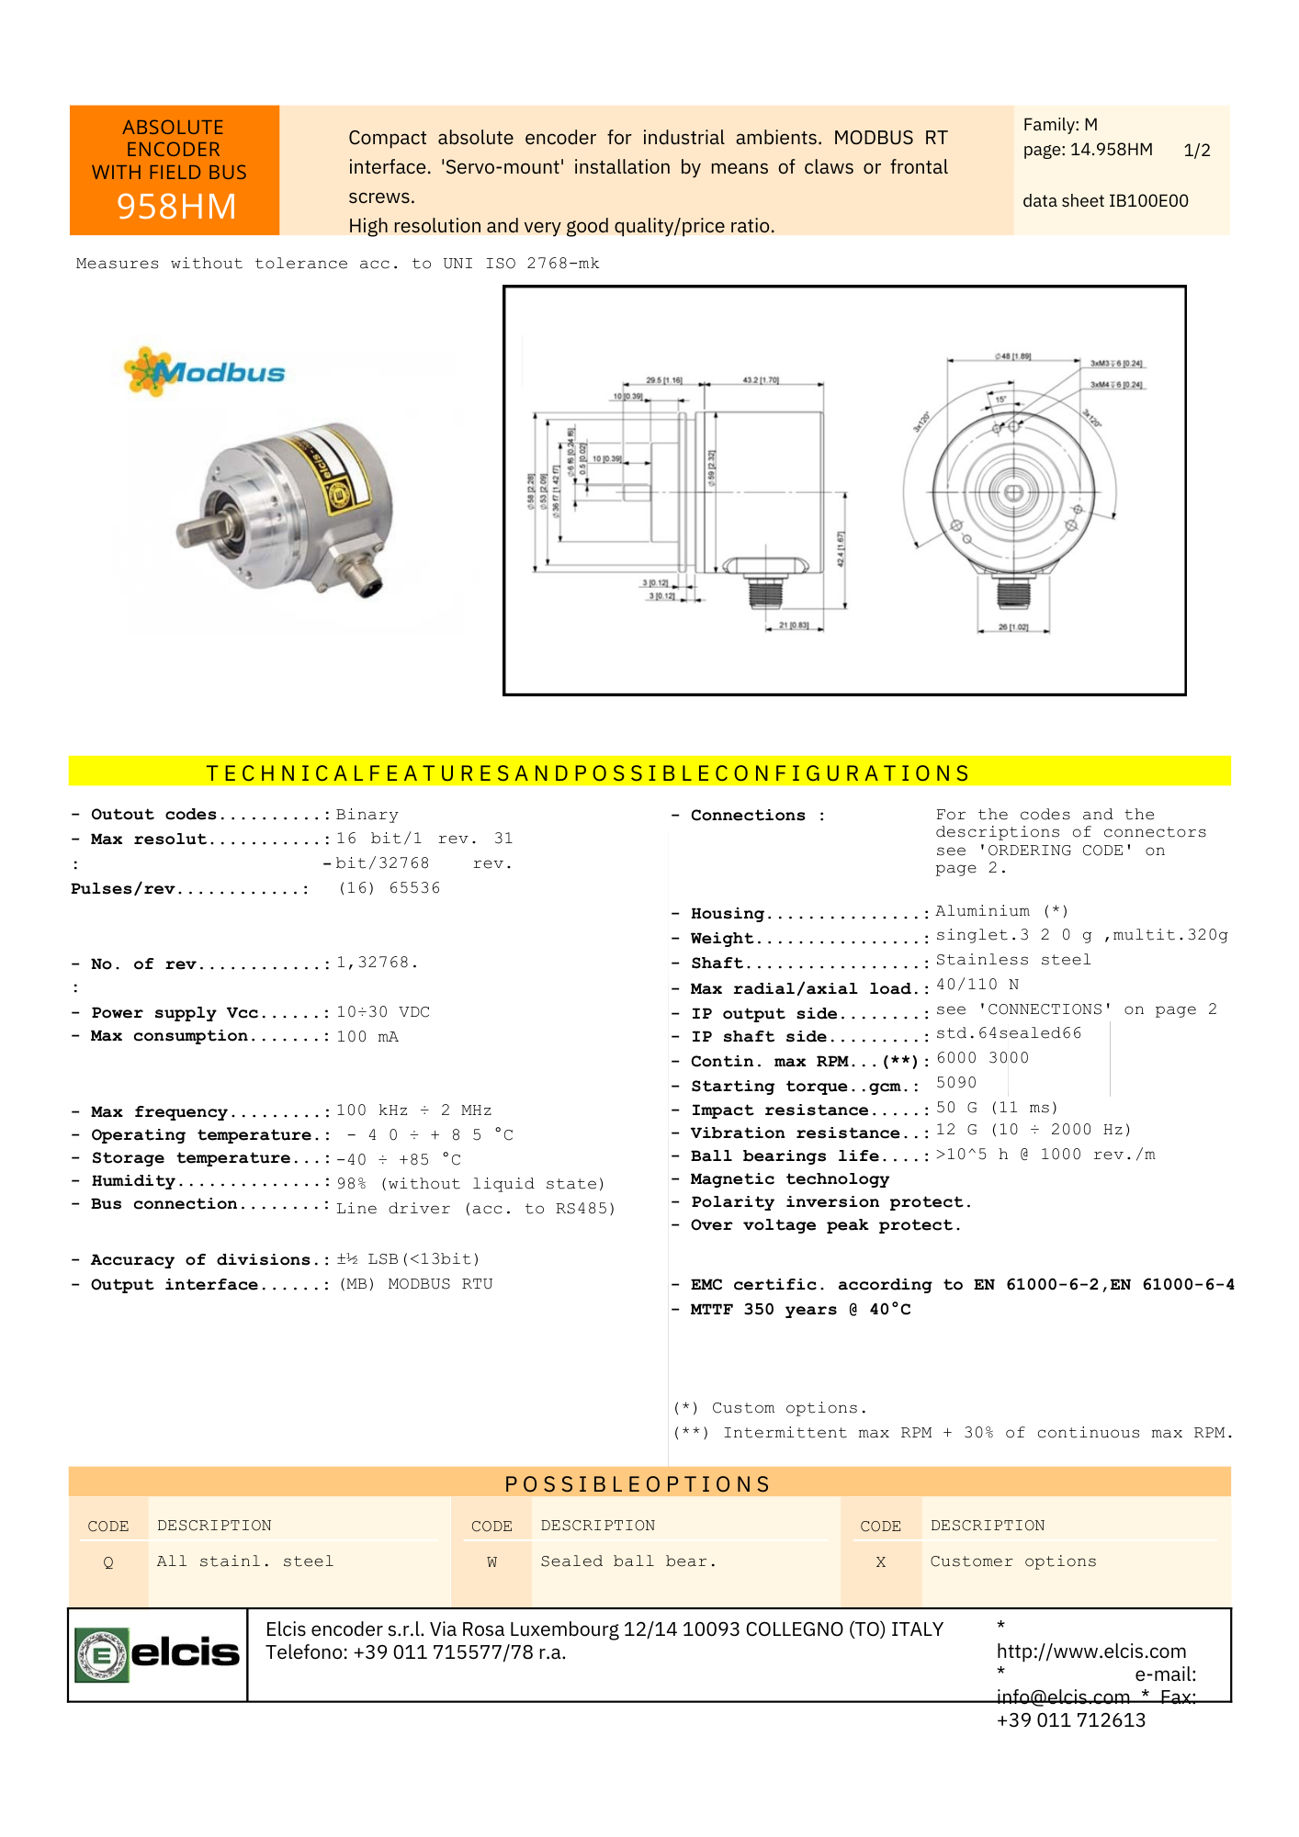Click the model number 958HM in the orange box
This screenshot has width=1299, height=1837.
pos(175,207)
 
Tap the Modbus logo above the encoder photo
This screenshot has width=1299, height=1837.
pos(206,372)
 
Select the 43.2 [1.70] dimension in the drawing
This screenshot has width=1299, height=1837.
pos(760,380)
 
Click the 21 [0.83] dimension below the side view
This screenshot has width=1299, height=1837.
pos(794,625)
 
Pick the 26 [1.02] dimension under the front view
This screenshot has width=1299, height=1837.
pos(1013,627)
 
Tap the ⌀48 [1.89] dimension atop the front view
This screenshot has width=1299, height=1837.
pos(1012,356)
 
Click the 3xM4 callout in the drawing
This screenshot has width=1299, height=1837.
pos(1116,385)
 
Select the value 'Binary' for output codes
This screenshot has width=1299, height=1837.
pos(367,815)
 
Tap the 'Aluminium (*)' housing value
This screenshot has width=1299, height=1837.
pos(1001,911)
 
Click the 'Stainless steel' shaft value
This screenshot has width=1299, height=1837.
pos(1013,960)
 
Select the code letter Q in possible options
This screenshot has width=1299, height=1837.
pos(108,1562)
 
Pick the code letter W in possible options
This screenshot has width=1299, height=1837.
pos(491,1562)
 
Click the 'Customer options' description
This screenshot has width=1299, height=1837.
pos(1012,1561)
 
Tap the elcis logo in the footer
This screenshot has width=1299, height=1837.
pos(157,1654)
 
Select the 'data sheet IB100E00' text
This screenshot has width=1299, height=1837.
pos(1105,201)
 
